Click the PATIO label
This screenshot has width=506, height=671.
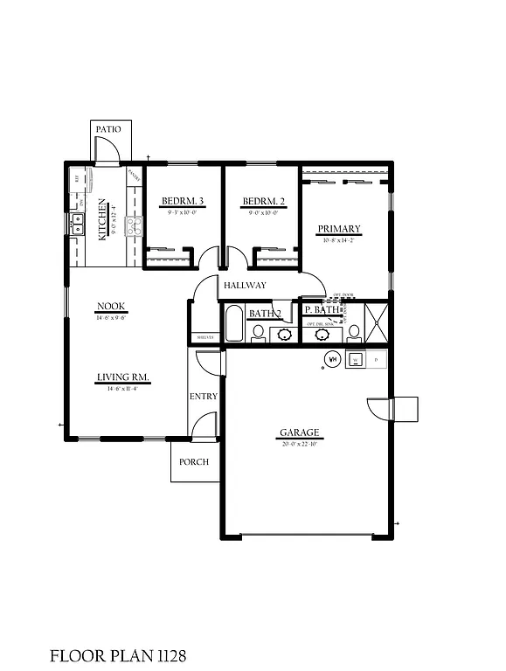click(x=108, y=129)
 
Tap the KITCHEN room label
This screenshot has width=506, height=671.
click(x=103, y=218)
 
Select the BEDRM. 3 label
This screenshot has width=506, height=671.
click(x=180, y=203)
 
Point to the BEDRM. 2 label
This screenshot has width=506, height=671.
click(x=260, y=203)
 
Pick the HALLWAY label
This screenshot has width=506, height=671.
click(x=245, y=286)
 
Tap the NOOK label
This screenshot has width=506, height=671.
click(x=111, y=306)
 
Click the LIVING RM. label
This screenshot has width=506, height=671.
click(x=122, y=378)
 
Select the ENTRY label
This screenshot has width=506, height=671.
click(x=203, y=397)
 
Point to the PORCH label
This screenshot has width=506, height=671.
click(x=194, y=462)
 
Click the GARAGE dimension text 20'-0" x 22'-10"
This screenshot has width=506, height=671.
click(x=299, y=443)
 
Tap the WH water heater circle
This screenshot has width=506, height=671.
click(x=332, y=358)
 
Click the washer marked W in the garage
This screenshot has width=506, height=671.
click(x=357, y=359)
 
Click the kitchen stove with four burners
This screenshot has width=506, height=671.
click(x=134, y=227)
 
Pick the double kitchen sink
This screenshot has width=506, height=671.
click(x=76, y=225)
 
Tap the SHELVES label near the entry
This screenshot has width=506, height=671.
click(x=204, y=337)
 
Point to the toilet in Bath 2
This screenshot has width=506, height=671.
click(x=259, y=332)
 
